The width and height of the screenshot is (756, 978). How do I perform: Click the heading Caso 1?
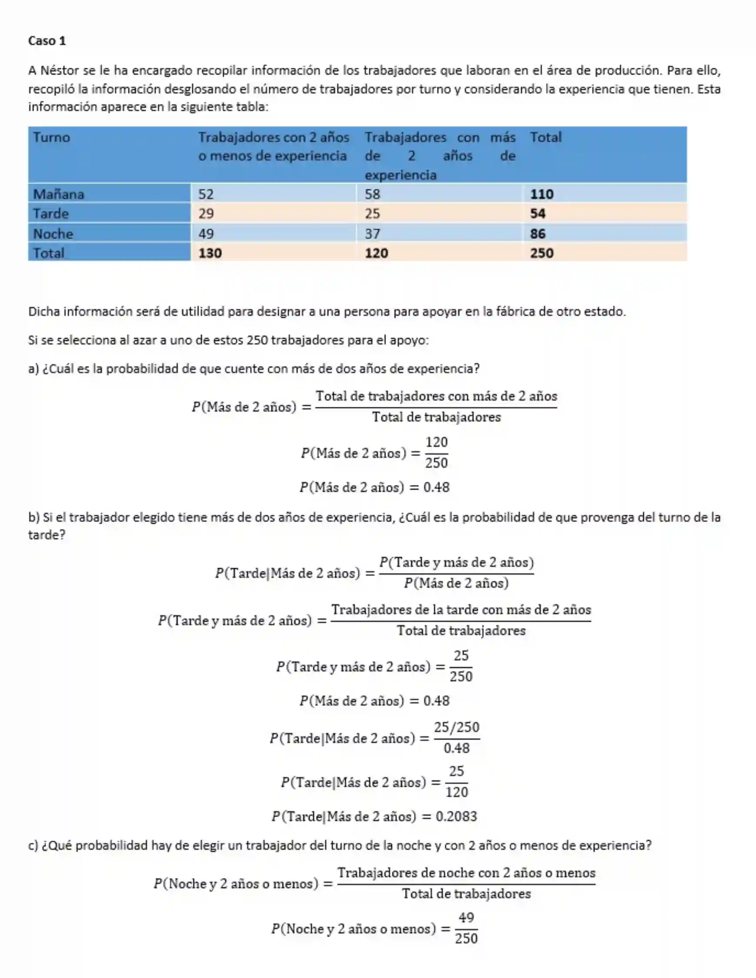click(x=47, y=41)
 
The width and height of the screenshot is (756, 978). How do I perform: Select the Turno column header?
click(x=51, y=137)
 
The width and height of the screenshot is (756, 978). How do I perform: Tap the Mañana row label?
click(x=59, y=194)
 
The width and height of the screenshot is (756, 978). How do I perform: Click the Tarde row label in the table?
click(x=51, y=213)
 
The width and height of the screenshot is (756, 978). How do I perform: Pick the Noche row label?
click(x=53, y=233)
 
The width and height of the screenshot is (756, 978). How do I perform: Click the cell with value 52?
click(x=206, y=194)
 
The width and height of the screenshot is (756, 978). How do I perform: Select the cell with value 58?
click(x=372, y=194)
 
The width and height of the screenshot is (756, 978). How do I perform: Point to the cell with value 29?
click(x=206, y=213)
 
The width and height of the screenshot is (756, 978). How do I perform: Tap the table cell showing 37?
click(x=372, y=233)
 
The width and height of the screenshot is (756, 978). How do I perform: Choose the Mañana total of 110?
click(x=542, y=194)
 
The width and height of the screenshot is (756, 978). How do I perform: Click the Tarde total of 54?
click(x=538, y=213)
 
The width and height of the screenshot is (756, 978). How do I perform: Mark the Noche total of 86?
click(x=538, y=233)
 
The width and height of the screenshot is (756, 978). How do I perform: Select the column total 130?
click(x=210, y=253)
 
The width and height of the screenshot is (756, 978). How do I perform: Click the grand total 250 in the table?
click(x=542, y=253)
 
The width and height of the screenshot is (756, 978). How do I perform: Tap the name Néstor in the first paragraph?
click(x=60, y=70)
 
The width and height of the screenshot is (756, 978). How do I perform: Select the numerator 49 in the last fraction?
click(x=466, y=918)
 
